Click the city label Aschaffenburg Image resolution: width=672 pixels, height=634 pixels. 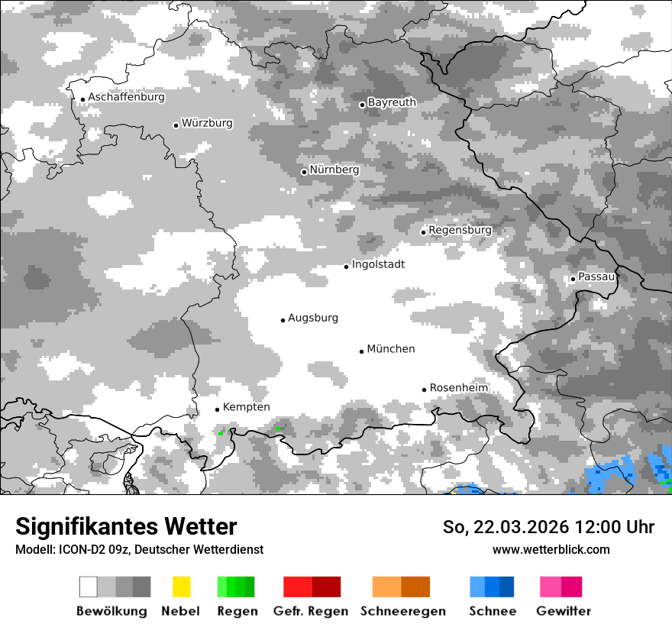pyautogui.click(x=126, y=98)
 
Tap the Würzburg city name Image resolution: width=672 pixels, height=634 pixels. pyautogui.click(x=207, y=123)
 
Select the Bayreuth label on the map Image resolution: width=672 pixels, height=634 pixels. pyautogui.click(x=392, y=102)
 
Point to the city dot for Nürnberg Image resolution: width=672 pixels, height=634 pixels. pyautogui.click(x=304, y=172)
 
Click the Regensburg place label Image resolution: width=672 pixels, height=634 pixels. pyautogui.click(x=460, y=230)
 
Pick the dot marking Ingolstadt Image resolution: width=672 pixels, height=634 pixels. pyautogui.click(x=346, y=267)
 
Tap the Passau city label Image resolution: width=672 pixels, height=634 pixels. pyautogui.click(x=596, y=277)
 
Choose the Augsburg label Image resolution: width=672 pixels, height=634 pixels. pyautogui.click(x=313, y=318)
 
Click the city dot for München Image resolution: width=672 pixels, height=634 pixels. pyautogui.click(x=362, y=351)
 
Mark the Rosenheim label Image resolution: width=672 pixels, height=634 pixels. pyautogui.click(x=459, y=388)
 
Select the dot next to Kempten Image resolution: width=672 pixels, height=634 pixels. pyautogui.click(x=217, y=409)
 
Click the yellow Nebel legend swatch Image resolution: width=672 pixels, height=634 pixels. pyautogui.click(x=181, y=587)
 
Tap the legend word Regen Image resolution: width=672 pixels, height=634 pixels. pyautogui.click(x=236, y=611)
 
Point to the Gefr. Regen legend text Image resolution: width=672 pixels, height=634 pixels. pyautogui.click(x=311, y=611)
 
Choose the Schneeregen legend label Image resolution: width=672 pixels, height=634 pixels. pyautogui.click(x=403, y=611)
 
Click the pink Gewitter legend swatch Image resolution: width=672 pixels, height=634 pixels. pyautogui.click(x=561, y=587)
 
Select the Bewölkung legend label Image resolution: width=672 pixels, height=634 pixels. pyautogui.click(x=111, y=611)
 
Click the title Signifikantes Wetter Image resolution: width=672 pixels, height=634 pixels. pyautogui.click(x=126, y=526)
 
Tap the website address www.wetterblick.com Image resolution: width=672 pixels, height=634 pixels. pyautogui.click(x=551, y=549)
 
